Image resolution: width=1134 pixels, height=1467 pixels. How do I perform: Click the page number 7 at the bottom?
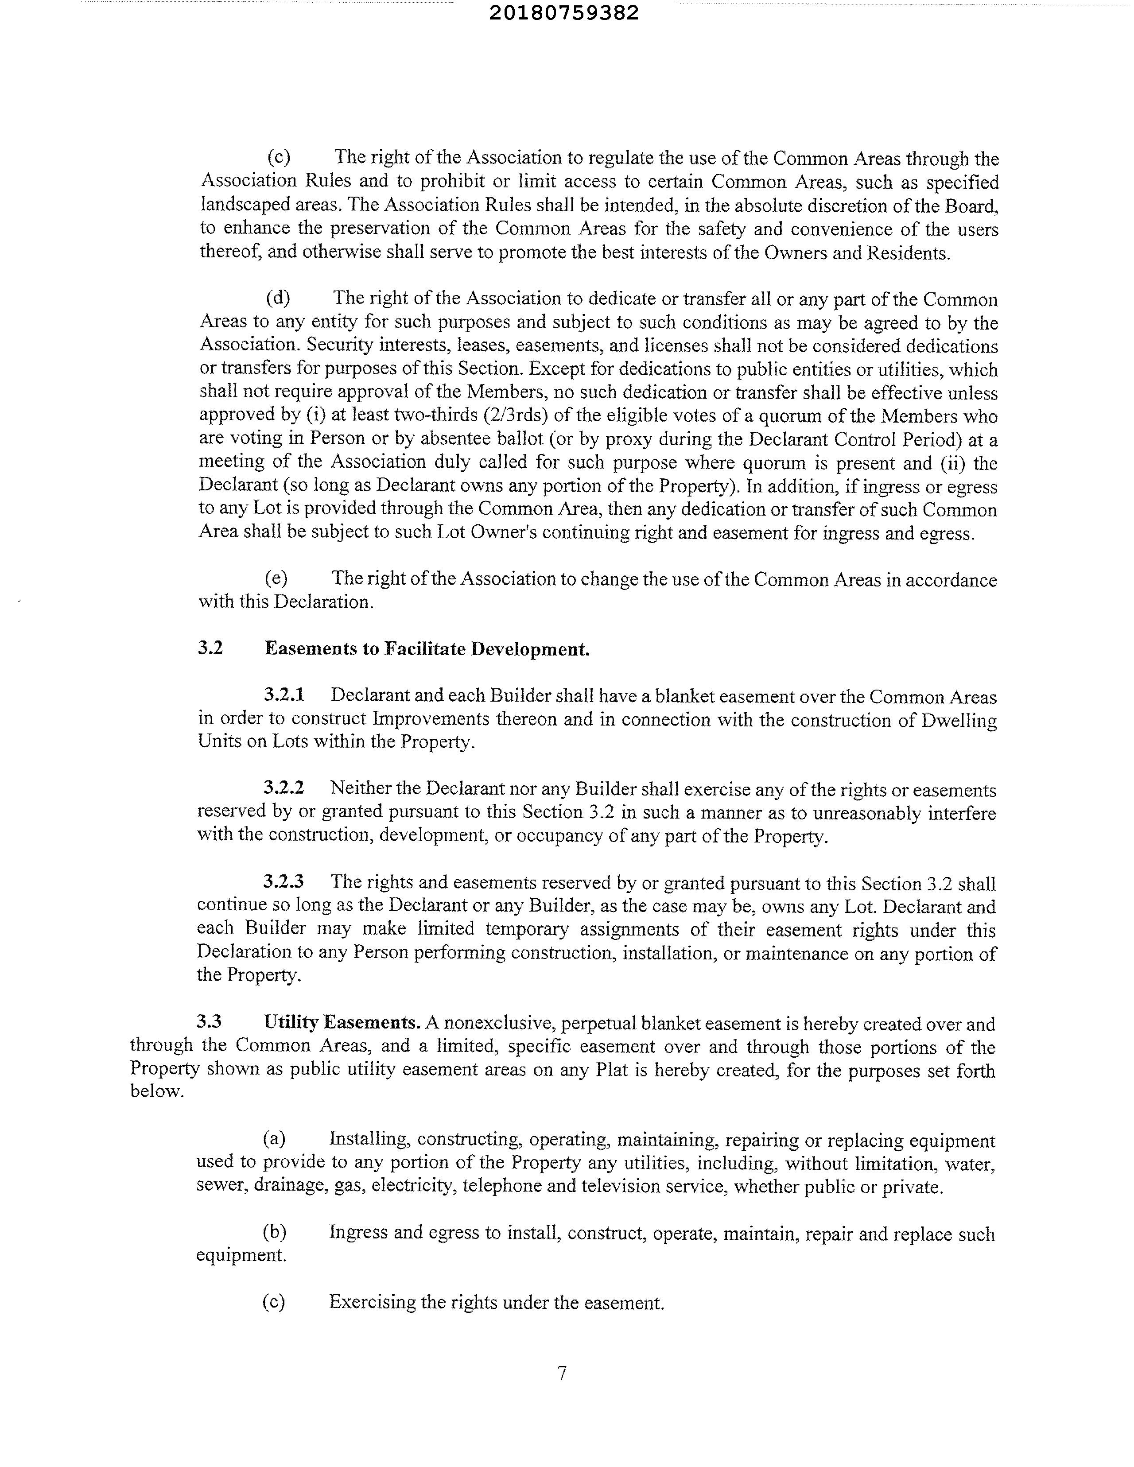click(x=562, y=1373)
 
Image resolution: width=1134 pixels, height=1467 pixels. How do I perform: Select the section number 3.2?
click(x=210, y=648)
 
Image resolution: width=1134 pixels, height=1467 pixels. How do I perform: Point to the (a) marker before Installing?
click(x=274, y=1138)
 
